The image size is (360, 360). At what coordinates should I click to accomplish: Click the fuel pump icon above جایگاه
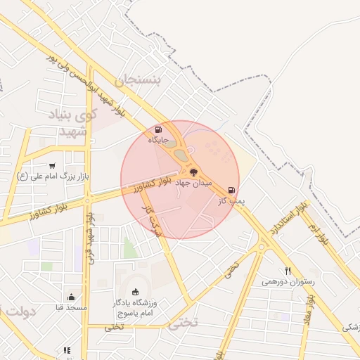(157, 129)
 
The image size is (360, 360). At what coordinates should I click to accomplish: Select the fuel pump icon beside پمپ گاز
(231, 190)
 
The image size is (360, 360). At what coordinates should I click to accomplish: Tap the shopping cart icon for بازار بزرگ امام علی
(52, 165)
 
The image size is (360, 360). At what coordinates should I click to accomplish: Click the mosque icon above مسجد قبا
(70, 297)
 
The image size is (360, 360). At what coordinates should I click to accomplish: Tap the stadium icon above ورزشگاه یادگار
(135, 292)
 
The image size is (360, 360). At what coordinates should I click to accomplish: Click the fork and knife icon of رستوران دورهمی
(287, 271)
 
